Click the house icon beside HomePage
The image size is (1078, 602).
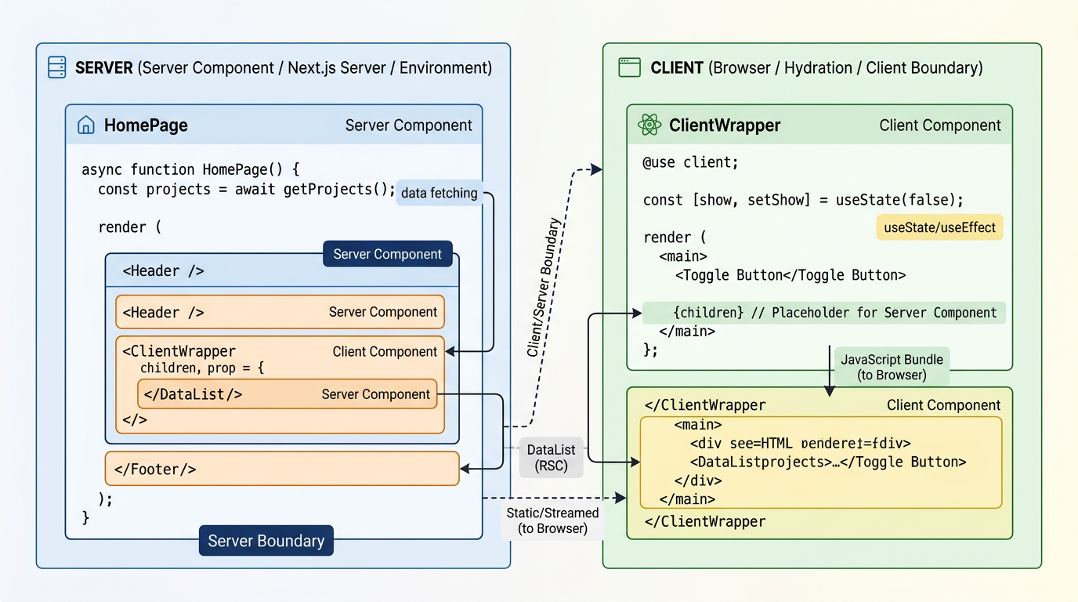tap(85, 125)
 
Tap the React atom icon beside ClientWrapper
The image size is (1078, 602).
tap(649, 125)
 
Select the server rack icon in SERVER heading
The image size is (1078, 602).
tap(57, 67)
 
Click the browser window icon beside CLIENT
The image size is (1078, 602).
tap(629, 67)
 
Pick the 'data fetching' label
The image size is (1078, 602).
tap(439, 193)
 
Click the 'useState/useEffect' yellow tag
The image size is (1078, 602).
tap(939, 227)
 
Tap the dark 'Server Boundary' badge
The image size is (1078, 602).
tap(266, 541)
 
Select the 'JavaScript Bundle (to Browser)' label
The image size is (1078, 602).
tap(892, 367)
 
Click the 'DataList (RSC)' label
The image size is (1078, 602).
tap(551, 458)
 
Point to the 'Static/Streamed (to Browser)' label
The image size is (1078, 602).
tap(552, 520)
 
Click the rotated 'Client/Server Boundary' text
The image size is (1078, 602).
tap(544, 288)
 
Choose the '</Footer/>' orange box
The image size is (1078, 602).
tap(281, 469)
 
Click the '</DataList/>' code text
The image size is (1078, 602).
tap(194, 394)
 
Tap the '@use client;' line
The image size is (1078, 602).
tap(691, 163)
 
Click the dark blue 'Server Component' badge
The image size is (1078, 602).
tap(388, 254)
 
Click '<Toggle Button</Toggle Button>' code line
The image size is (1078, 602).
tap(790, 275)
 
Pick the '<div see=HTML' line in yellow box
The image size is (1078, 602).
tap(799, 443)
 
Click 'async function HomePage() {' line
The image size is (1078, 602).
tap(190, 169)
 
